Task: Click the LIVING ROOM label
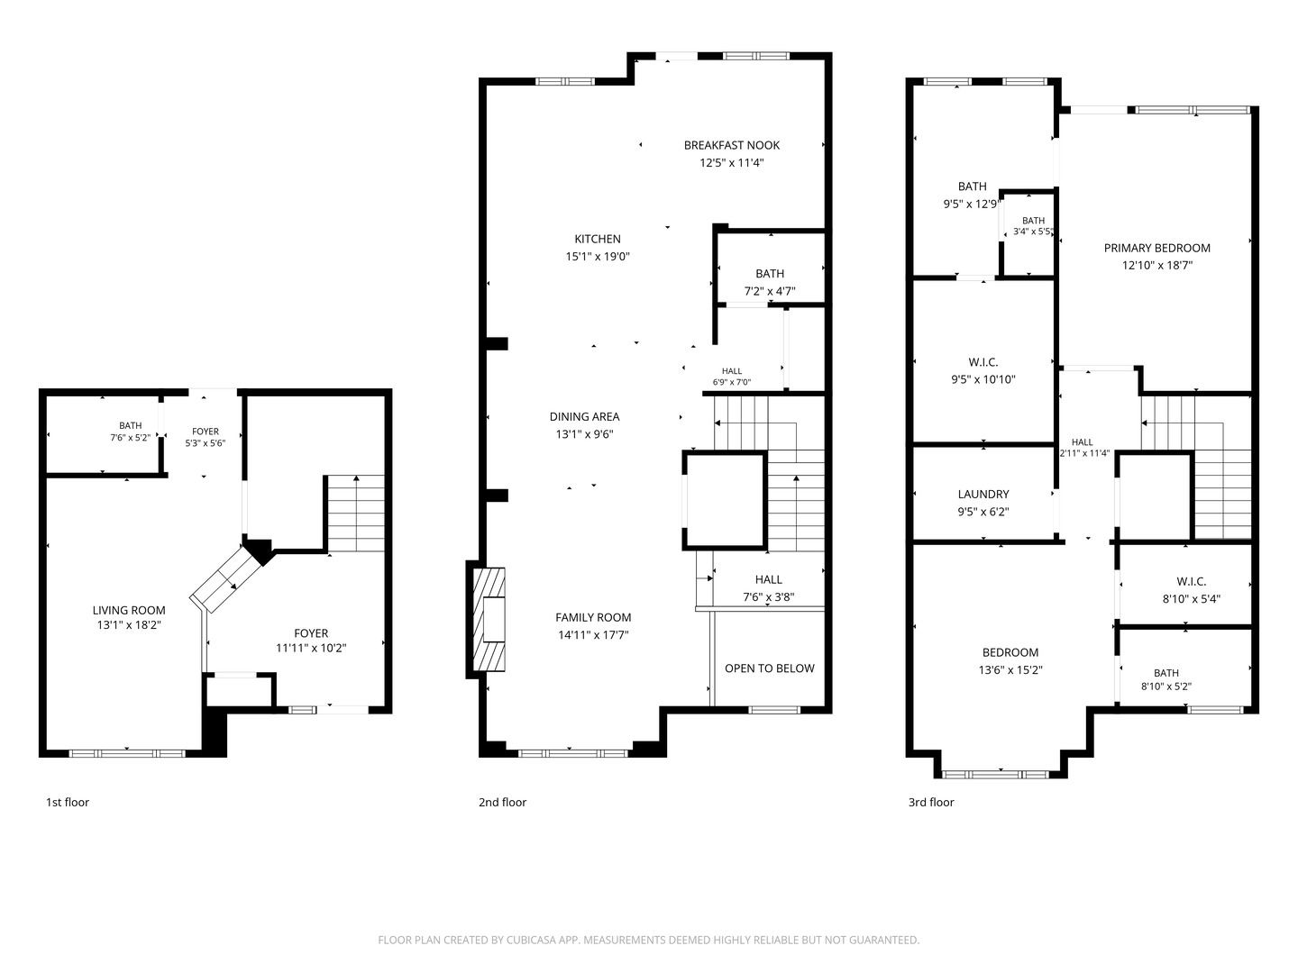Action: [x=129, y=610]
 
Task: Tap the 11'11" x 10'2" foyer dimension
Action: [x=311, y=648]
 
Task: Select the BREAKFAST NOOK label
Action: [x=732, y=145]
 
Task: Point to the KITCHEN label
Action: [x=598, y=240]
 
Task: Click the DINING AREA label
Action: [x=585, y=417]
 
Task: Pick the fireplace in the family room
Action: [x=489, y=620]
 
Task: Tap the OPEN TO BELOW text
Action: [x=770, y=668]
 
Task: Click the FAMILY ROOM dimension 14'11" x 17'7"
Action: [x=593, y=635]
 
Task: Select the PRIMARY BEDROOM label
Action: [x=1157, y=248]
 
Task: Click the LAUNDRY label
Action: [x=983, y=495]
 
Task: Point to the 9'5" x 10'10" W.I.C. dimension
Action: [x=983, y=380]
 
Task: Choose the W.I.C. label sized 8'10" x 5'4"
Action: [x=1192, y=582]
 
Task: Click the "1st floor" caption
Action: [x=68, y=802]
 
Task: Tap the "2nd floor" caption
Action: [x=503, y=802]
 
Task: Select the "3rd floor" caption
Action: [x=931, y=802]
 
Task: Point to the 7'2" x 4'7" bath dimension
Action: [x=770, y=291]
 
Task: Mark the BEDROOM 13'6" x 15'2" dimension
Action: [x=1010, y=670]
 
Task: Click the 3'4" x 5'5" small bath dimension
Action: [x=1033, y=232]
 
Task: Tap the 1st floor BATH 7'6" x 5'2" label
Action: [x=131, y=425]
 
